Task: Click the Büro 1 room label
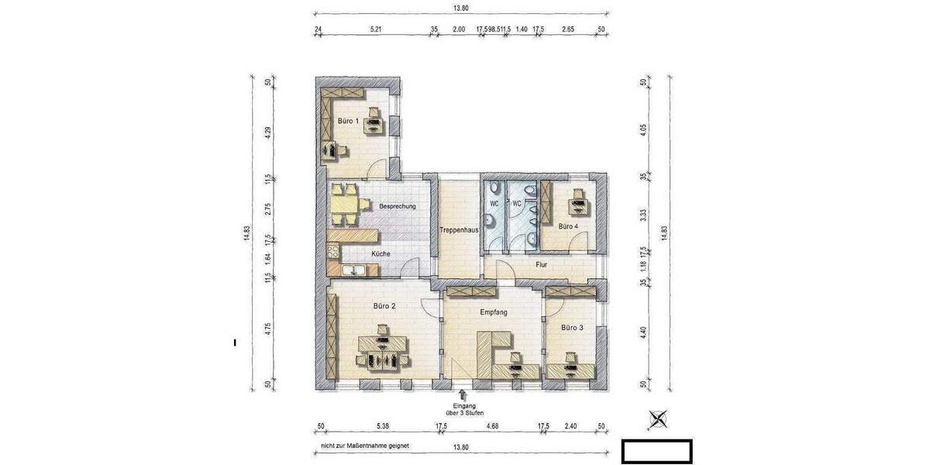(x=348, y=121)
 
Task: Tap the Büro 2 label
(x=384, y=306)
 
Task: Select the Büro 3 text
(x=572, y=328)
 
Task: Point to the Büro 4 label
(x=568, y=226)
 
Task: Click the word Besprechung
(x=398, y=207)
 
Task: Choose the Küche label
(x=381, y=254)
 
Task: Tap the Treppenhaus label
(x=457, y=230)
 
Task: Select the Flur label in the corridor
(x=542, y=265)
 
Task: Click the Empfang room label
(x=494, y=312)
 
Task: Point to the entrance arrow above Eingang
(x=463, y=395)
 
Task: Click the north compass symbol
(x=659, y=419)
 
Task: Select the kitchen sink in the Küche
(x=356, y=270)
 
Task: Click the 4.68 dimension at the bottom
(x=491, y=426)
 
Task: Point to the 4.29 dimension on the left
(x=268, y=132)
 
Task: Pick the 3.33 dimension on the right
(x=642, y=215)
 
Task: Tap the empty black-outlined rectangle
(x=657, y=450)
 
